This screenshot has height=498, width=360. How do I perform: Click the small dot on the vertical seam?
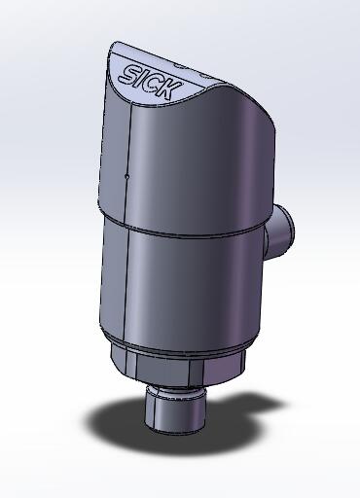pyautogui.click(x=127, y=177)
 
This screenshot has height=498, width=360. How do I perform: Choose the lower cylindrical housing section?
pyautogui.click(x=185, y=292)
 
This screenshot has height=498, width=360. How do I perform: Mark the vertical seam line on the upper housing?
pyautogui.click(x=129, y=146)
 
